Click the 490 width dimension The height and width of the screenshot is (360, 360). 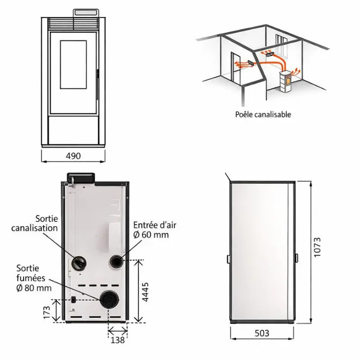[x=73, y=156]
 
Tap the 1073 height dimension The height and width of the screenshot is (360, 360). [x=317, y=247]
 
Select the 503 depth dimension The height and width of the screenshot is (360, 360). [x=262, y=333]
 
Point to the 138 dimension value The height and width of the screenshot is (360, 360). [x=117, y=340]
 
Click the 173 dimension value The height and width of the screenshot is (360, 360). [x=47, y=312]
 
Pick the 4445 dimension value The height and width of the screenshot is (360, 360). [x=145, y=292]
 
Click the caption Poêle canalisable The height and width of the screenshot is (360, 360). [x=263, y=114]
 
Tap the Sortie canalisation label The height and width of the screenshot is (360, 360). [x=35, y=223]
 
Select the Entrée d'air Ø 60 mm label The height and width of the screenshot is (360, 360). [x=155, y=230]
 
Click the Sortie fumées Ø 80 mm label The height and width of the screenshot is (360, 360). [x=34, y=278]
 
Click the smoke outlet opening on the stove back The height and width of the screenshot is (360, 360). [x=109, y=300]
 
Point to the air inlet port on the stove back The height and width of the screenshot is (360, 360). [x=117, y=261]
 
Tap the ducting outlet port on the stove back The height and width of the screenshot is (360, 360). [x=79, y=263]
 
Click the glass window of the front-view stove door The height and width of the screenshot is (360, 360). [x=73, y=65]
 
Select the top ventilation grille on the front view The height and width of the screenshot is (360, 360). [x=73, y=23]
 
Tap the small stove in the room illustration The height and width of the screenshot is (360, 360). [x=286, y=81]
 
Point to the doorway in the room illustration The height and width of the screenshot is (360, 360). [x=235, y=67]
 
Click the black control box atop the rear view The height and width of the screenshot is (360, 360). [x=81, y=178]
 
